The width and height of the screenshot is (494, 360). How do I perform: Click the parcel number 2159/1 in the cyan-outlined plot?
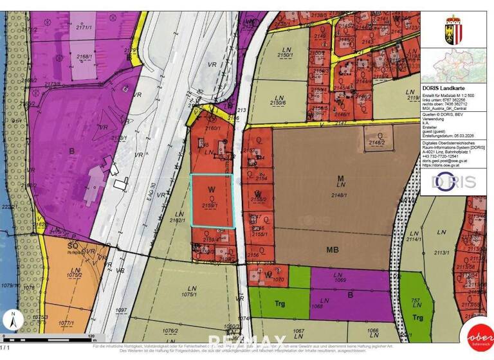coord(210,205)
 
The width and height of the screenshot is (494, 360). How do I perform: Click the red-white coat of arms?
coord(454,29)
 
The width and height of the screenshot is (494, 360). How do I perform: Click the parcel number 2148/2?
coord(376,142)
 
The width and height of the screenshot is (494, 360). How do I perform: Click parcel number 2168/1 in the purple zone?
coord(84,57)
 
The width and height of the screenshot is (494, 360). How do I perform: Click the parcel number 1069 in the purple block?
coord(340,280)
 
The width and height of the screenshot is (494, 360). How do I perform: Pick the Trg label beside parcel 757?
coord(418,317)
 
